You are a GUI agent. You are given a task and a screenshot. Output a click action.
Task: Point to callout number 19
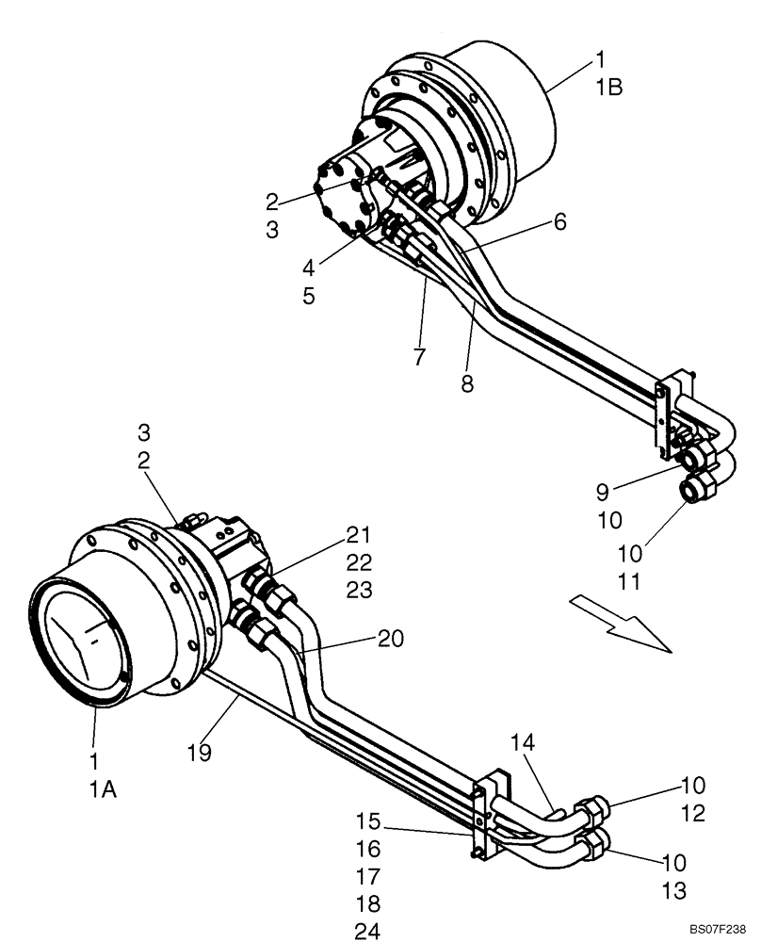point(199,753)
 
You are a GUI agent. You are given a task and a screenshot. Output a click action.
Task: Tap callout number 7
point(419,356)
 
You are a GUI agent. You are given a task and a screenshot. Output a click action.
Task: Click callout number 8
point(468,384)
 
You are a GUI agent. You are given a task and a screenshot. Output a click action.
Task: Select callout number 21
point(359,536)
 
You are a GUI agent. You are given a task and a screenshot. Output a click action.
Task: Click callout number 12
point(692,814)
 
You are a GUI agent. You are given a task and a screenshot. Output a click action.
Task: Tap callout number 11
point(630,581)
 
